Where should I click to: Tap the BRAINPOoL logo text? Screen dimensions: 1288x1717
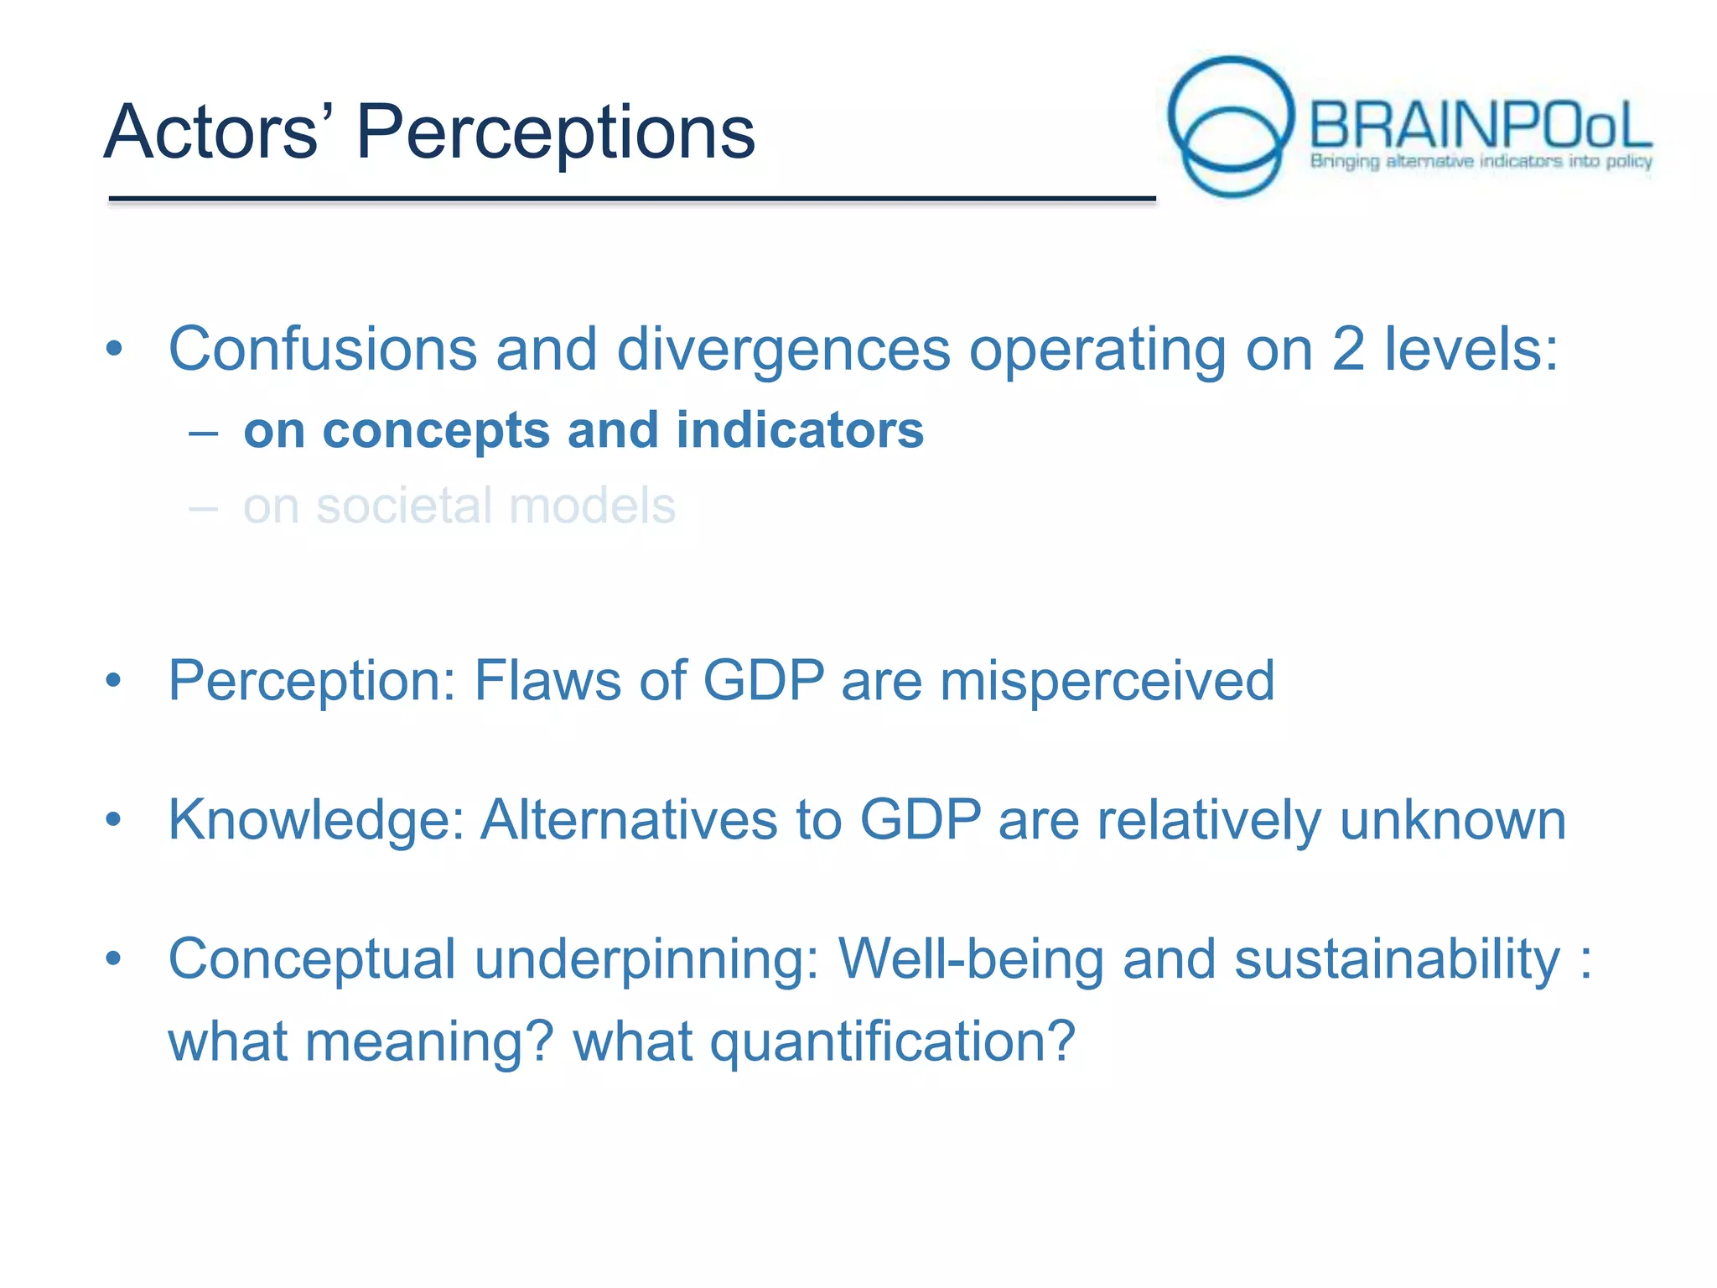pyautogui.click(x=1480, y=126)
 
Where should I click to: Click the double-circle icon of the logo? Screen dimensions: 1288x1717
pyautogui.click(x=1231, y=126)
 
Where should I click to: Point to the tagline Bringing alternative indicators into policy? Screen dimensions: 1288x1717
pyautogui.click(x=1481, y=161)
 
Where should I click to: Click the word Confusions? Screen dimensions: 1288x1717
pyautogui.click(x=322, y=349)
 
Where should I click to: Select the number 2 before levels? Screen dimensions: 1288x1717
pyautogui.click(x=1347, y=349)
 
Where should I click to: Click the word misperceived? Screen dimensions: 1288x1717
pyautogui.click(x=1107, y=680)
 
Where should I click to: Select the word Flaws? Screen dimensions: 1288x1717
pyautogui.click(x=547, y=680)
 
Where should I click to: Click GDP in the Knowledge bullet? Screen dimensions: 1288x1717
pyautogui.click(x=920, y=819)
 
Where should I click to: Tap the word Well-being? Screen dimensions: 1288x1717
pyautogui.click(x=971, y=958)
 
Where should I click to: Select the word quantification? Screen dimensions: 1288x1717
pyautogui.click(x=892, y=1042)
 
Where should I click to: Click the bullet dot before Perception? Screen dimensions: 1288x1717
pyautogui.click(x=114, y=681)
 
